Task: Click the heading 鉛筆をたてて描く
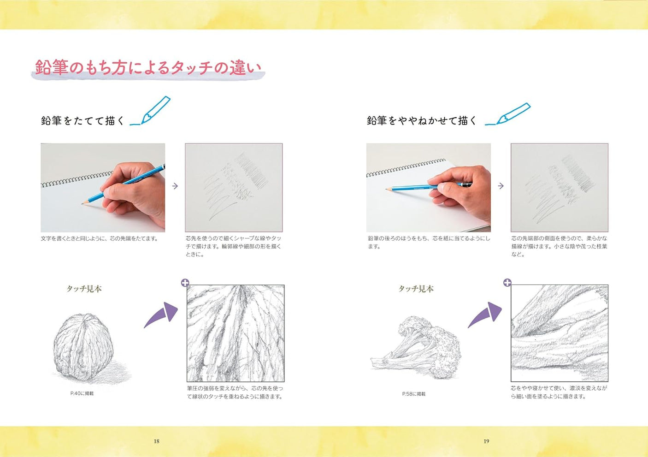pos(82,121)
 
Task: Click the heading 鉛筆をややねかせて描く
pos(421,121)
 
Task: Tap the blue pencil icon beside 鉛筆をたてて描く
pos(152,111)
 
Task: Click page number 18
pos(156,441)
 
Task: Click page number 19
pos(486,441)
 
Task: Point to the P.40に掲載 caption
pos(82,393)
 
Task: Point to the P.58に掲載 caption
pos(413,394)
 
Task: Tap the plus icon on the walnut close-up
pos(185,283)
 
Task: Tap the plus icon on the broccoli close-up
pos(507,283)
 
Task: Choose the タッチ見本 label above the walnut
pos(84,289)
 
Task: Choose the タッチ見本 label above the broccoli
pos(416,289)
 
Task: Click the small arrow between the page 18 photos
pos(175,186)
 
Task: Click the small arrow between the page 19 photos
pos(501,186)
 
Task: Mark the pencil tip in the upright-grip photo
pos(83,203)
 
